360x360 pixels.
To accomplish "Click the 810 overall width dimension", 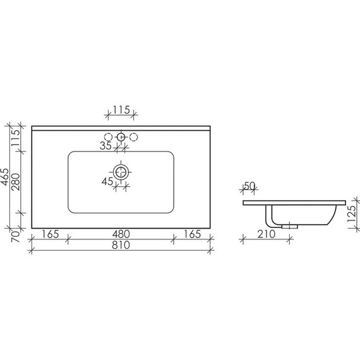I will point(121,246).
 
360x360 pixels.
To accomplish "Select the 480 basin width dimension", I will point(121,234).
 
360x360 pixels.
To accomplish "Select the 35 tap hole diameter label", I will point(105,146).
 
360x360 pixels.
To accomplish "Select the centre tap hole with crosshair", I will point(121,136).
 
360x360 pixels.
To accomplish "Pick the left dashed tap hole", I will point(107,136).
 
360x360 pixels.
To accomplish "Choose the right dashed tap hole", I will point(134,136).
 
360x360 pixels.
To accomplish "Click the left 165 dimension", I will point(51,234).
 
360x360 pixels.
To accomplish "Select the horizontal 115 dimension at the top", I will point(121,110).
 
